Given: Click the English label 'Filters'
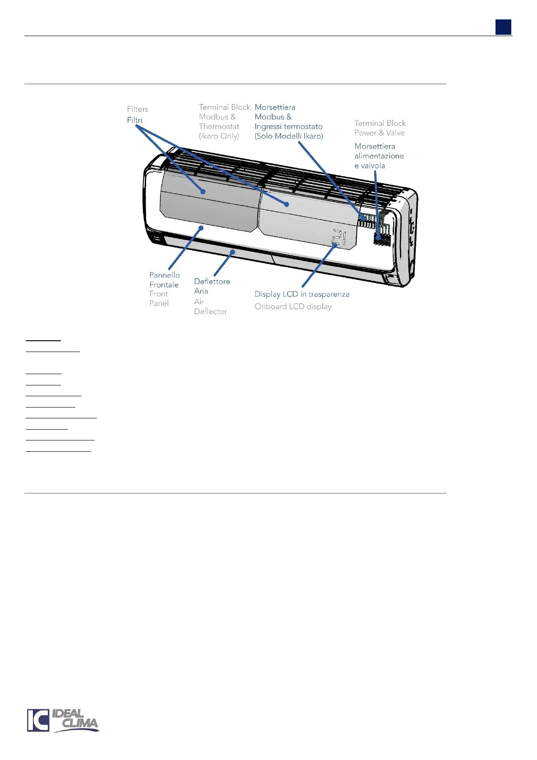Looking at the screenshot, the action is coord(138,109).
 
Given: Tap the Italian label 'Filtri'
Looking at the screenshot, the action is coord(134,120).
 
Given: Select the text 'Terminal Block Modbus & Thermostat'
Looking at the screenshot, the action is coord(224,117).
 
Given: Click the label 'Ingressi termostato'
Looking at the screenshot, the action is coord(289,126).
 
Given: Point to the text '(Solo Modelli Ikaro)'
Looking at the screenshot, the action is coord(289,136).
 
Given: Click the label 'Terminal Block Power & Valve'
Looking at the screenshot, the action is coord(380,128).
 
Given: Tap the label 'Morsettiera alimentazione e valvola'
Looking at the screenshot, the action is coord(379,156).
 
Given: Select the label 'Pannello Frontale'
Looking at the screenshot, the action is coord(164,280).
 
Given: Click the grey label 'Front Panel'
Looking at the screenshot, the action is coord(159,298).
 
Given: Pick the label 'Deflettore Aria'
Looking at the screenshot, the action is coord(211,286).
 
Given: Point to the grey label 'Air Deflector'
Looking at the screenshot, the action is coord(210,306).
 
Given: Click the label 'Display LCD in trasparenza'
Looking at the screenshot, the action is coord(302,294).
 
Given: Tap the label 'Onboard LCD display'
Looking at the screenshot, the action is coord(293,306).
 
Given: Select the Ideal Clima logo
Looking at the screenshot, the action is coord(63,720).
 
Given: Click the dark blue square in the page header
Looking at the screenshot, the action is coord(503,27).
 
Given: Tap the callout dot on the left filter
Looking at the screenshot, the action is coord(203,192).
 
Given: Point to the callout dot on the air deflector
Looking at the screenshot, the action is coord(233,251).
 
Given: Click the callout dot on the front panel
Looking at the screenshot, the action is coord(201,228).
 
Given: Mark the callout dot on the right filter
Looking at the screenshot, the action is coord(286,204).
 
